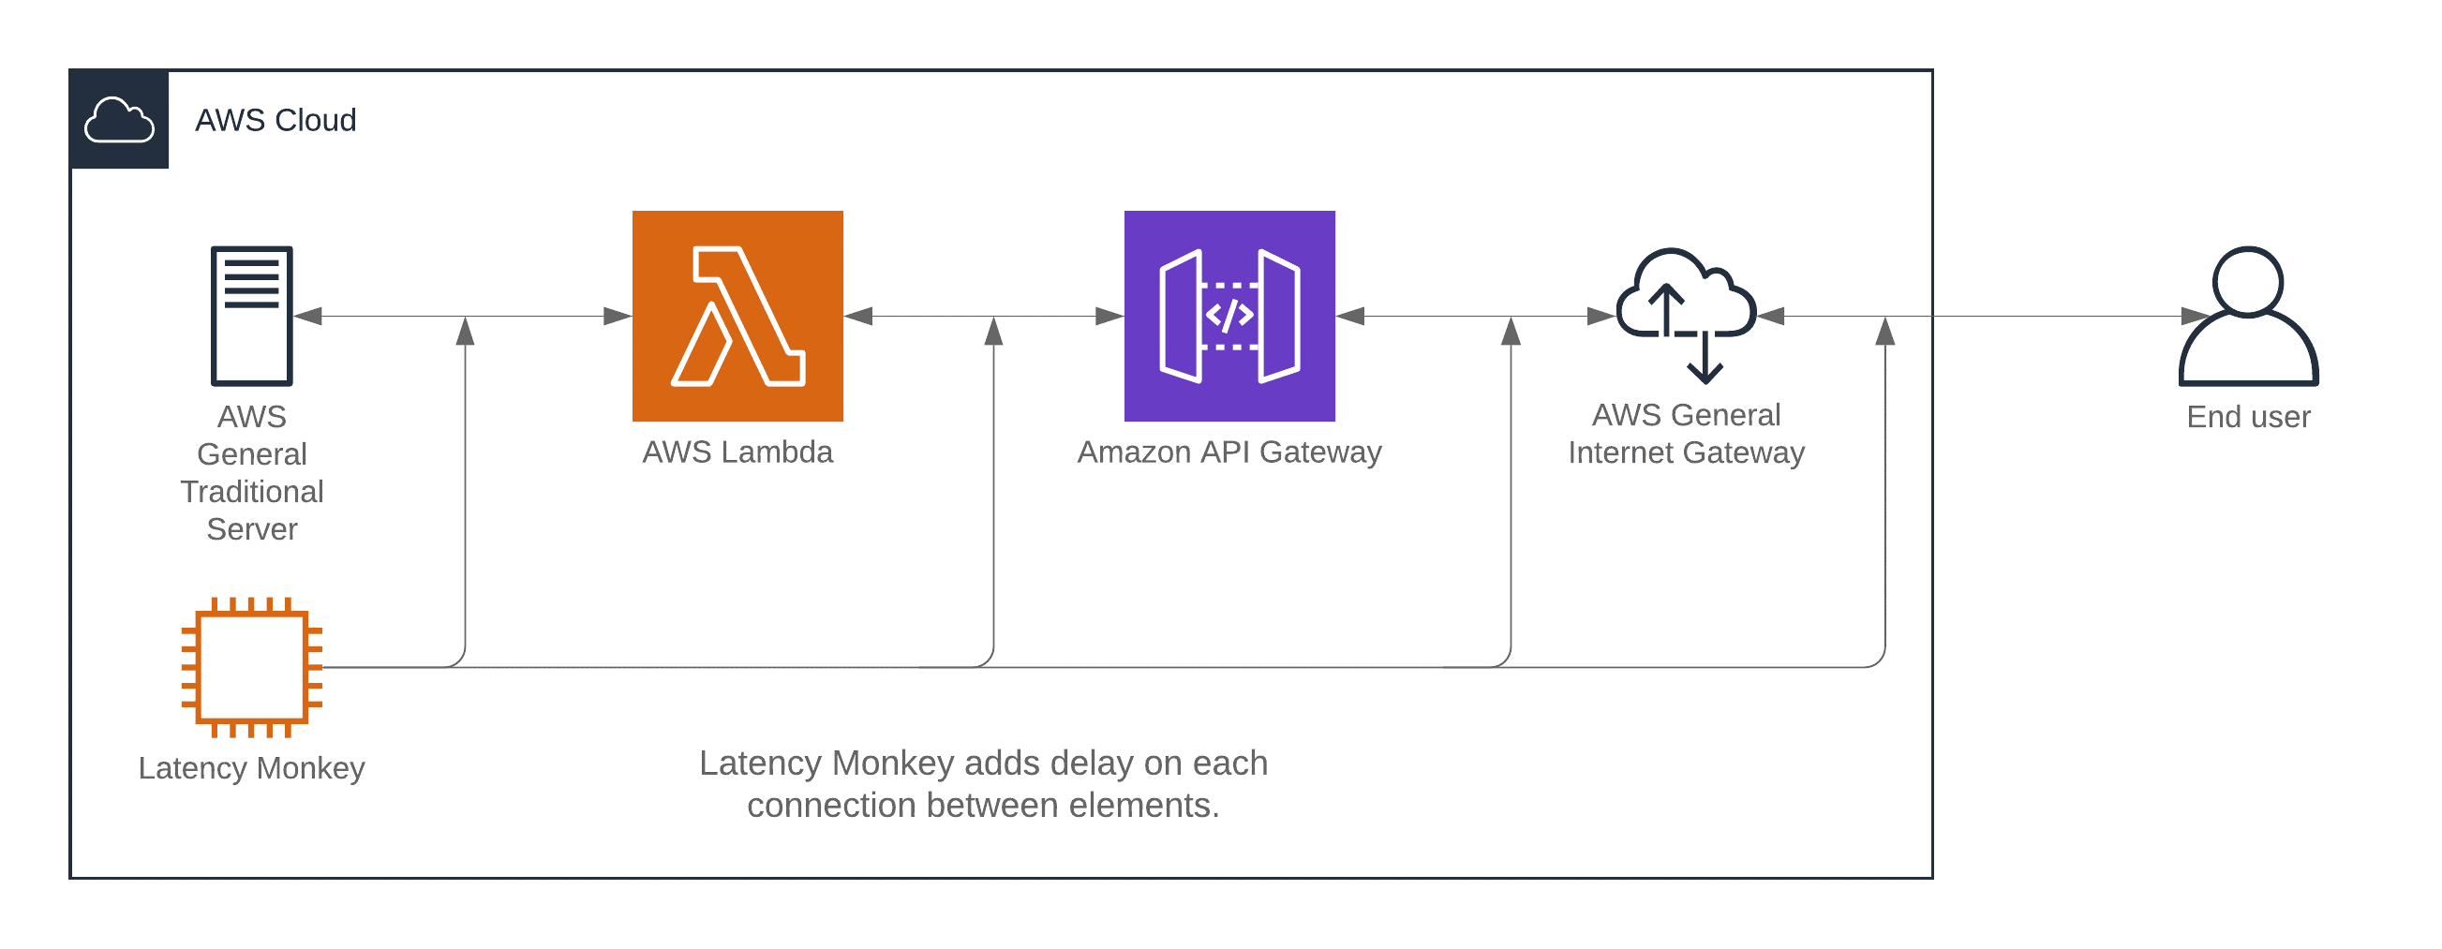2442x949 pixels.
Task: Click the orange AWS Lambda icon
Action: coord(737,316)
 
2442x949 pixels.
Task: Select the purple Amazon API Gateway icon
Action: coord(1228,316)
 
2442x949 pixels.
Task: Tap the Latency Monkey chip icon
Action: coord(252,667)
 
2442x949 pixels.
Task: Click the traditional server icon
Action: coord(251,316)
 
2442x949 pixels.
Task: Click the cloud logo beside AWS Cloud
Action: coord(119,121)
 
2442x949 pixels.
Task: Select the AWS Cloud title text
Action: coord(275,121)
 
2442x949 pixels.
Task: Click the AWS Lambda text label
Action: coord(737,452)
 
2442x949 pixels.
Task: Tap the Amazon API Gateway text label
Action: coord(1228,452)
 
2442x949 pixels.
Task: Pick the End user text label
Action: coord(2248,417)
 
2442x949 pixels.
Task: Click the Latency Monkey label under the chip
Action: coord(251,768)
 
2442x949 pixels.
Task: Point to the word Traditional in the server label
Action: coord(252,492)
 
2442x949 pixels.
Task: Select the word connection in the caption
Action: coord(831,806)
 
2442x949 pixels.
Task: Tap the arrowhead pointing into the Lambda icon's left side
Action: coord(618,316)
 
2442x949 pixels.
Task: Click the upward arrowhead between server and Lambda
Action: coord(465,331)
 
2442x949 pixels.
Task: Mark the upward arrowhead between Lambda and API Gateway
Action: coord(993,331)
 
